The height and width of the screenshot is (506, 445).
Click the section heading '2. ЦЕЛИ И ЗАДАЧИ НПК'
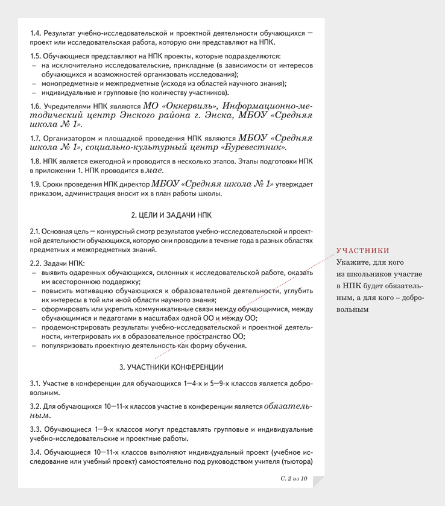[171, 215]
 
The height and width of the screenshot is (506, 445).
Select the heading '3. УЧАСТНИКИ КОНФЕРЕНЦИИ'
[171, 367]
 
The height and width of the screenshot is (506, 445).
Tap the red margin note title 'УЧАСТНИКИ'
[362, 251]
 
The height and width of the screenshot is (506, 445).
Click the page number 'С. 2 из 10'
[294, 478]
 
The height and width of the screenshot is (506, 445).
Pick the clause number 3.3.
[36, 429]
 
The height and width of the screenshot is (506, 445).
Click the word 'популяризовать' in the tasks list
[66, 346]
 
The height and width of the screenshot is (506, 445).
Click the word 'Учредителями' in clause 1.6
[68, 106]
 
